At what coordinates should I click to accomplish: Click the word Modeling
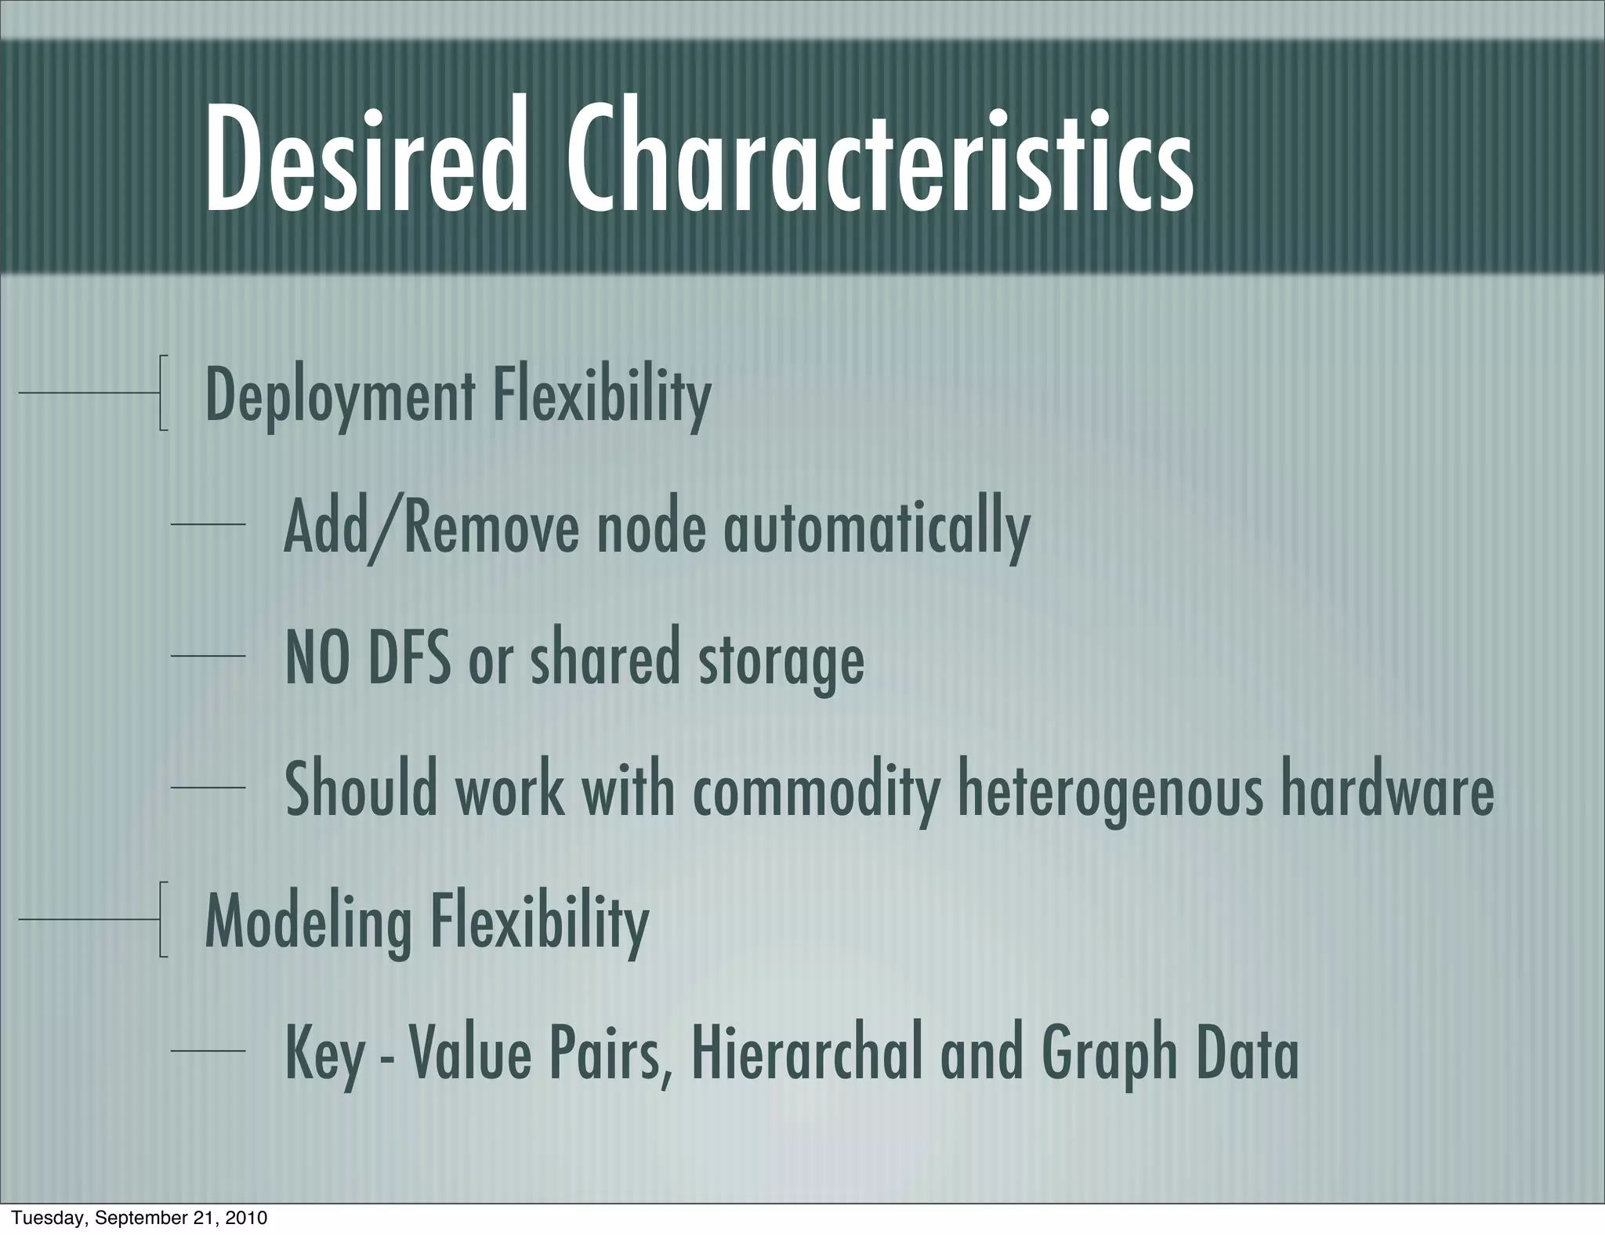[x=308, y=923]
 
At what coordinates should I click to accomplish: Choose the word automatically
[x=876, y=530]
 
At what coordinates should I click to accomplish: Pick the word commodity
[x=816, y=792]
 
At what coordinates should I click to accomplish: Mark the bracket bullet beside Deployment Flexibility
[x=163, y=393]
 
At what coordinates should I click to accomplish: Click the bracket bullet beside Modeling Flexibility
[x=163, y=919]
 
